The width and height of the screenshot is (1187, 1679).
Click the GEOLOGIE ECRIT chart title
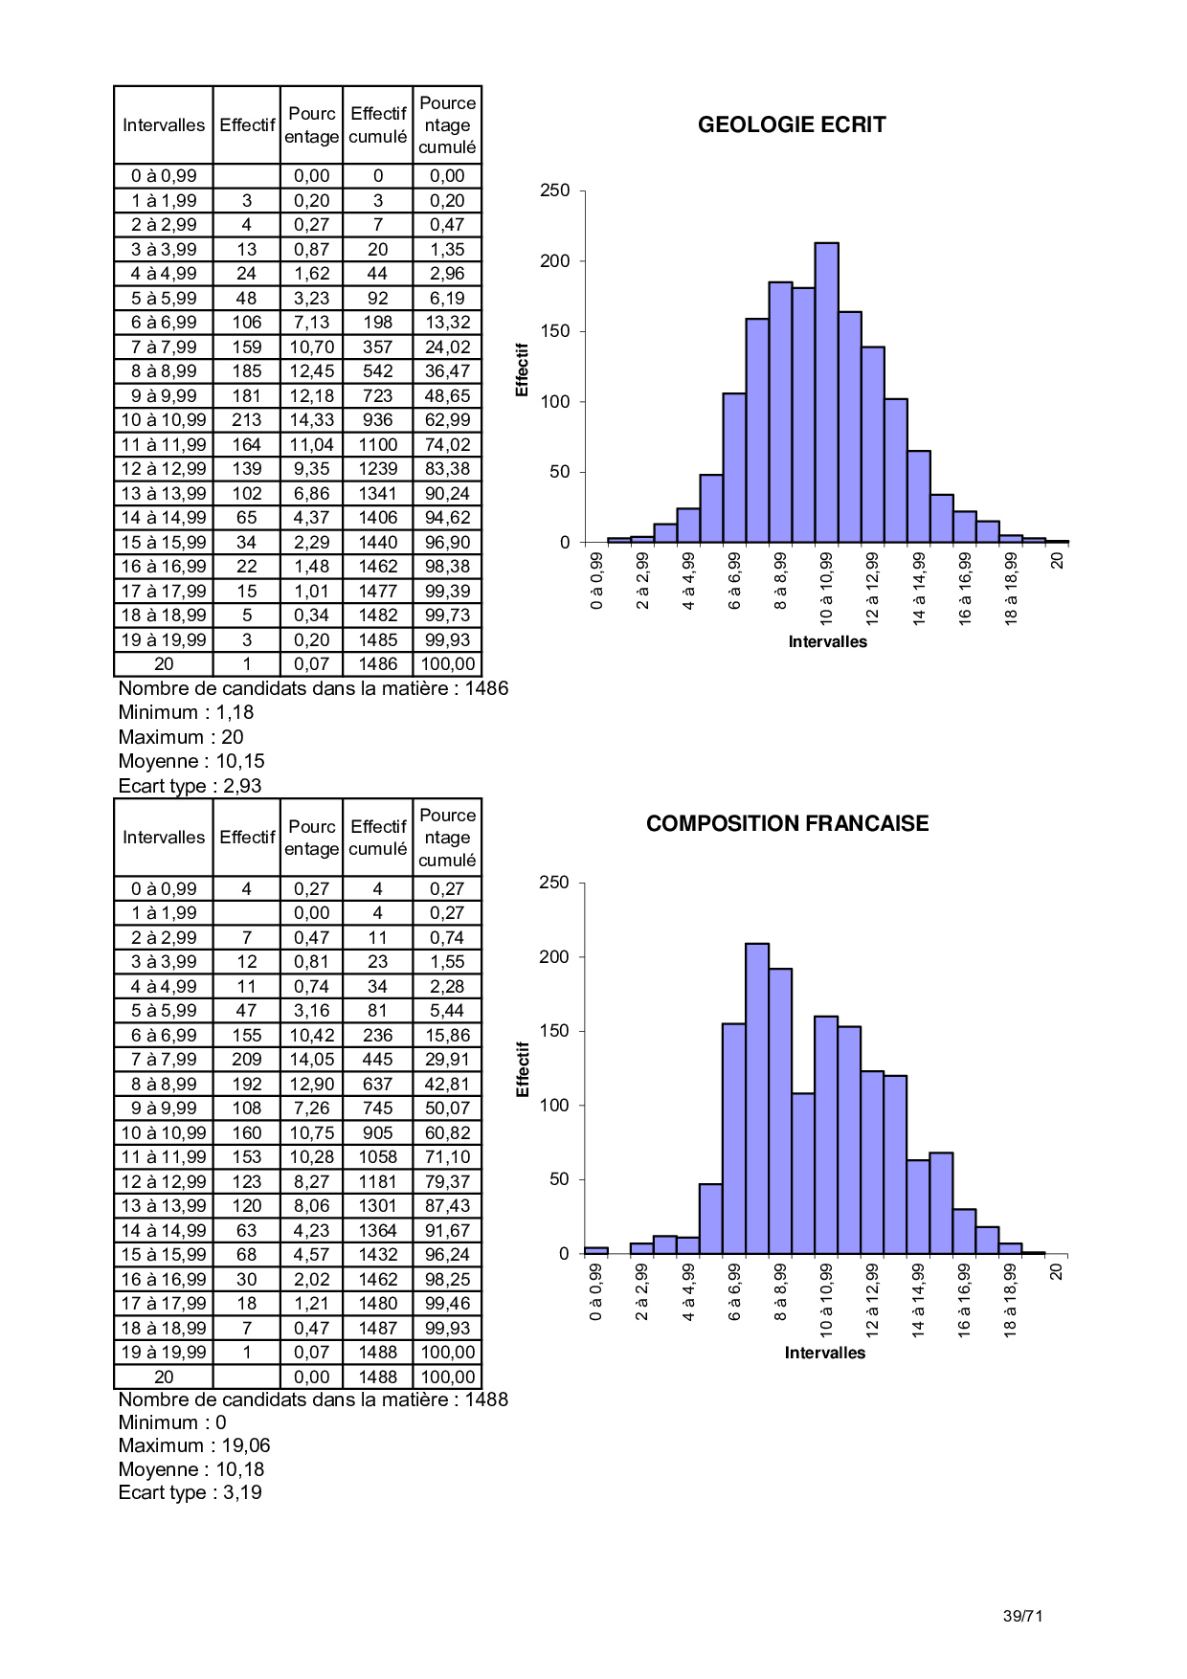(792, 124)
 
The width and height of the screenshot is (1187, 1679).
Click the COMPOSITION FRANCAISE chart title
(787, 823)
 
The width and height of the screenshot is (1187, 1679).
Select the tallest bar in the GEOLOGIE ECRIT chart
(826, 392)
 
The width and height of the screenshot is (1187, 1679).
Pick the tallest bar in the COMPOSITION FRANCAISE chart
(756, 1098)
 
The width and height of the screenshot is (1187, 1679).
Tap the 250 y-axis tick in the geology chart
(554, 190)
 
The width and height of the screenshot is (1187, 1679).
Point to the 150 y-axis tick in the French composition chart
(554, 1031)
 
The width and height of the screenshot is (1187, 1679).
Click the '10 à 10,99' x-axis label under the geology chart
(826, 588)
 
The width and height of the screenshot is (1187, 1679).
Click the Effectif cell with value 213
(246, 420)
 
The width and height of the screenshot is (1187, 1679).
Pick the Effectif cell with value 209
(246, 1060)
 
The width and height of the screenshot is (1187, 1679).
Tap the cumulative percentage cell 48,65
(447, 395)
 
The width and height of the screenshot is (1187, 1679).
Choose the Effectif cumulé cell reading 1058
(377, 1157)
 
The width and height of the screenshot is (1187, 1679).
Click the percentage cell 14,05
(311, 1060)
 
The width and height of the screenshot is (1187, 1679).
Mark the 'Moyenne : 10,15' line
(191, 761)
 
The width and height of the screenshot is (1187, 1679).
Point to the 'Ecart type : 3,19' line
(190, 1492)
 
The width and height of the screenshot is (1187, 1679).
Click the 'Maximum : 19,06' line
(194, 1445)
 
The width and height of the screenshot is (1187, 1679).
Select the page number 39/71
(1022, 1616)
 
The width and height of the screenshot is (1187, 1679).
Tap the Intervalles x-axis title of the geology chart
(827, 641)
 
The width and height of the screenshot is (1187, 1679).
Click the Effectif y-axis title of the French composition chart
(523, 1069)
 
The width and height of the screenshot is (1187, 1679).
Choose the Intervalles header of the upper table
(164, 125)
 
